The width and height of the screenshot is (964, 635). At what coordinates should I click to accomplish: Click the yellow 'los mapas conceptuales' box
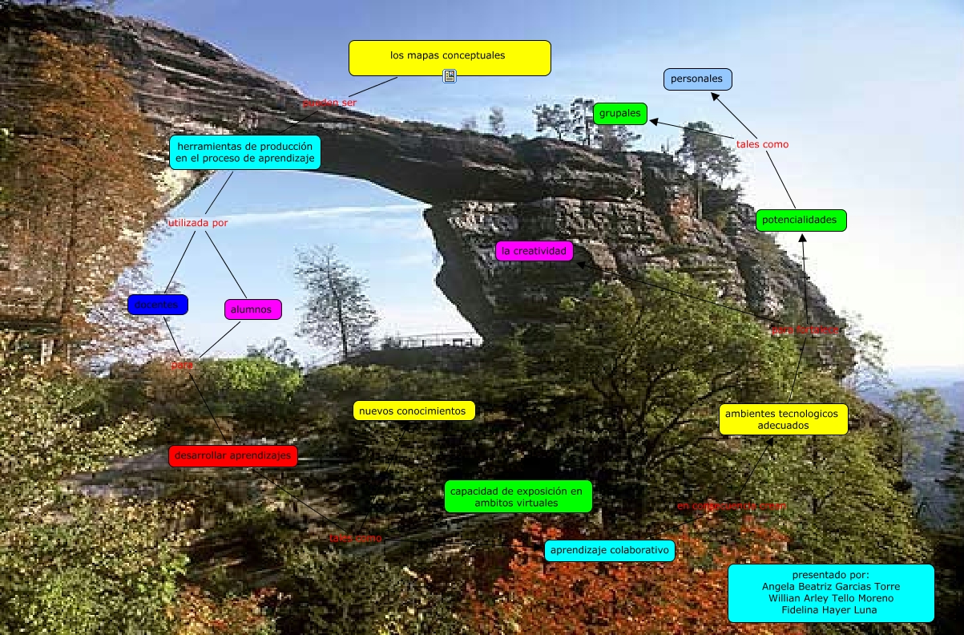(x=450, y=57)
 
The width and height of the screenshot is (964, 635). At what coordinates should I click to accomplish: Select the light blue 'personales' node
(x=697, y=79)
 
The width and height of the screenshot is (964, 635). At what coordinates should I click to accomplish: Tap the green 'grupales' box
(x=620, y=114)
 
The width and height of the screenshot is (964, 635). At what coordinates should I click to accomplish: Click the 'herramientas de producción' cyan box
(x=244, y=152)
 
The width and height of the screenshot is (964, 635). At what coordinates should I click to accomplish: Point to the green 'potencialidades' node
(x=800, y=220)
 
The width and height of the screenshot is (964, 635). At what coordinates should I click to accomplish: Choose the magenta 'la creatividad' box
(x=534, y=251)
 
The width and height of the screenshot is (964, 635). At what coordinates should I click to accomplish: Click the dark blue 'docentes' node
(x=157, y=305)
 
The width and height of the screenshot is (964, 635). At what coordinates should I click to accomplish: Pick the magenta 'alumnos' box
(x=252, y=309)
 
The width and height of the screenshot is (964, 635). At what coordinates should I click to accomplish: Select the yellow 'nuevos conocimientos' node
(x=413, y=411)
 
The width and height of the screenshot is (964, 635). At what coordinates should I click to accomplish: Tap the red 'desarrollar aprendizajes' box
(x=233, y=456)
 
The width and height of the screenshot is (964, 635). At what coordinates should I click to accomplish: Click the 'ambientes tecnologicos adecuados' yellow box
(x=783, y=419)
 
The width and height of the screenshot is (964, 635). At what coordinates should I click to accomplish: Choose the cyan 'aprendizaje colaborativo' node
(x=609, y=551)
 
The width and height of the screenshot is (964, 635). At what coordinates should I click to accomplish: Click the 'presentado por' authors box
(x=830, y=593)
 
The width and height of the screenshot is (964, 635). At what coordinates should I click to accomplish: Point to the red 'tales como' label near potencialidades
(x=762, y=144)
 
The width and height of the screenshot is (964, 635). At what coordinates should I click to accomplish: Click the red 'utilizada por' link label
(x=198, y=223)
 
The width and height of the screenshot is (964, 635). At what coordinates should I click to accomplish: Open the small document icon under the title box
(x=450, y=76)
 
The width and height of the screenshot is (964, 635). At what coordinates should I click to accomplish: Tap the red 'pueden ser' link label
(x=329, y=103)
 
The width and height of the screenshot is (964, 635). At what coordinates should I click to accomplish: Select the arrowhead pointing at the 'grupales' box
(x=653, y=122)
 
